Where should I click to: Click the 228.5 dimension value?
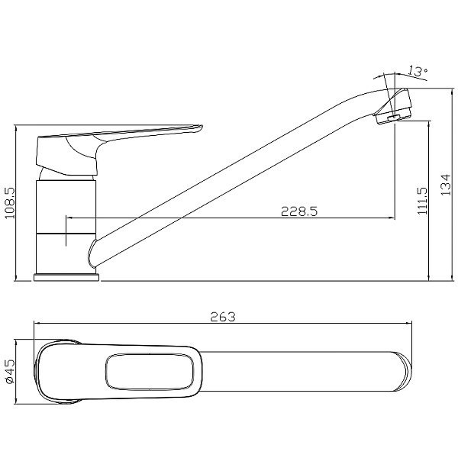point(298,211)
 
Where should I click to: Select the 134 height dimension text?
point(446,185)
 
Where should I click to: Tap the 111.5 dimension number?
point(422,201)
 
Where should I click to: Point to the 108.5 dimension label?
point(11,203)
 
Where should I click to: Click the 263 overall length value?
point(223,317)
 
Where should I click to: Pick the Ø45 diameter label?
point(10,372)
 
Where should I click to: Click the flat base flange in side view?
point(66,277)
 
